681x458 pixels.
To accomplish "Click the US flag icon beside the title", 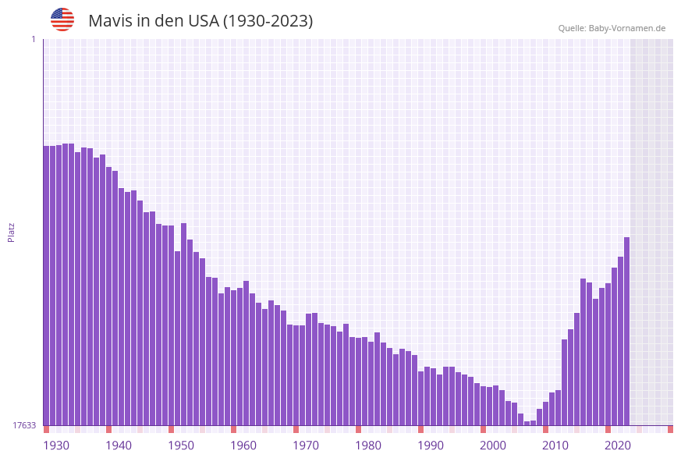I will tap(62, 20).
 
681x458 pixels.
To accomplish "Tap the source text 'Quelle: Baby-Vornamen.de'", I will tap(612, 28).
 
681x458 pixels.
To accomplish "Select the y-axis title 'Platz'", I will tap(12, 232).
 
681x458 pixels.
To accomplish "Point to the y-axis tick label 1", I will tap(33, 39).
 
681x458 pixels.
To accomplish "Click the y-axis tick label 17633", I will tap(24, 425).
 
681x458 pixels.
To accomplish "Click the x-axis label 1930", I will tap(56, 446).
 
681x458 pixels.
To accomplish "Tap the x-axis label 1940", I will tap(119, 446).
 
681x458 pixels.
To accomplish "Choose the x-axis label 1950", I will tap(181, 446).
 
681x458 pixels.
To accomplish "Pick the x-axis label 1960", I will tap(243, 446).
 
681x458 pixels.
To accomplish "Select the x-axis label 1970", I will tap(306, 446).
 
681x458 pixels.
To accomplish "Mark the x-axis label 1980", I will tap(368, 446).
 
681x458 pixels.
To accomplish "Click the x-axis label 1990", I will tap(431, 446).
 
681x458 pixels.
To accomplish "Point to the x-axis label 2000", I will tap(493, 446).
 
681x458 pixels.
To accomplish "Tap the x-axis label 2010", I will tap(555, 446).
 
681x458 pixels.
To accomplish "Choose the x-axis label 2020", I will tap(618, 446).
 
